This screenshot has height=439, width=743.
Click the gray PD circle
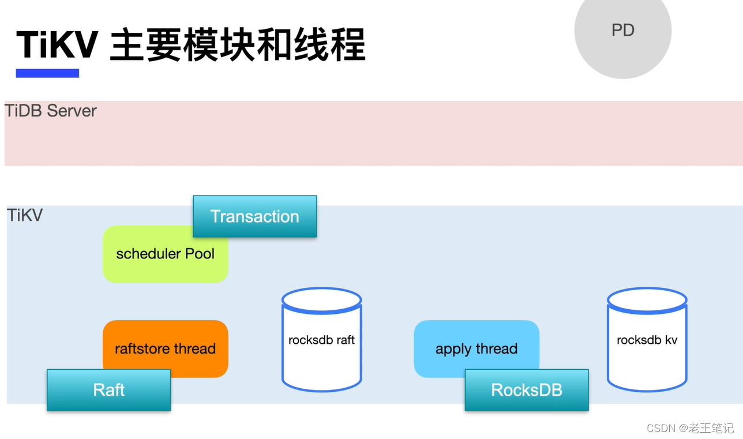tap(622, 32)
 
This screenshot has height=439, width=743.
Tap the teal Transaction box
tap(254, 216)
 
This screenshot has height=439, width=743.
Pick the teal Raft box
tap(108, 390)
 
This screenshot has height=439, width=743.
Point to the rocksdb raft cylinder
tap(321, 346)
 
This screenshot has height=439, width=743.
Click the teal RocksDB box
tap(526, 390)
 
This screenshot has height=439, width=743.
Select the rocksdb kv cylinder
tap(647, 346)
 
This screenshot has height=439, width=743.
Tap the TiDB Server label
tap(51, 111)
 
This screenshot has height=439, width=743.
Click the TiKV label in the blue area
tap(25, 215)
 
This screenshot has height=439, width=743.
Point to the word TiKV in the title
tap(57, 45)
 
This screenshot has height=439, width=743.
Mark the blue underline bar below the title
tap(47, 73)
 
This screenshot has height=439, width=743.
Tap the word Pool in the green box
tap(200, 254)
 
